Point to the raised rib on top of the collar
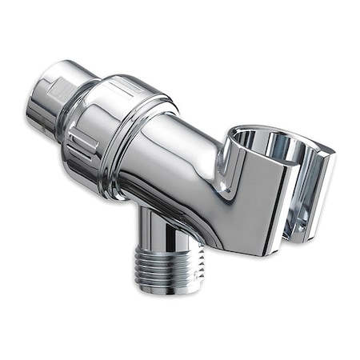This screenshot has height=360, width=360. point(128,84)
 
